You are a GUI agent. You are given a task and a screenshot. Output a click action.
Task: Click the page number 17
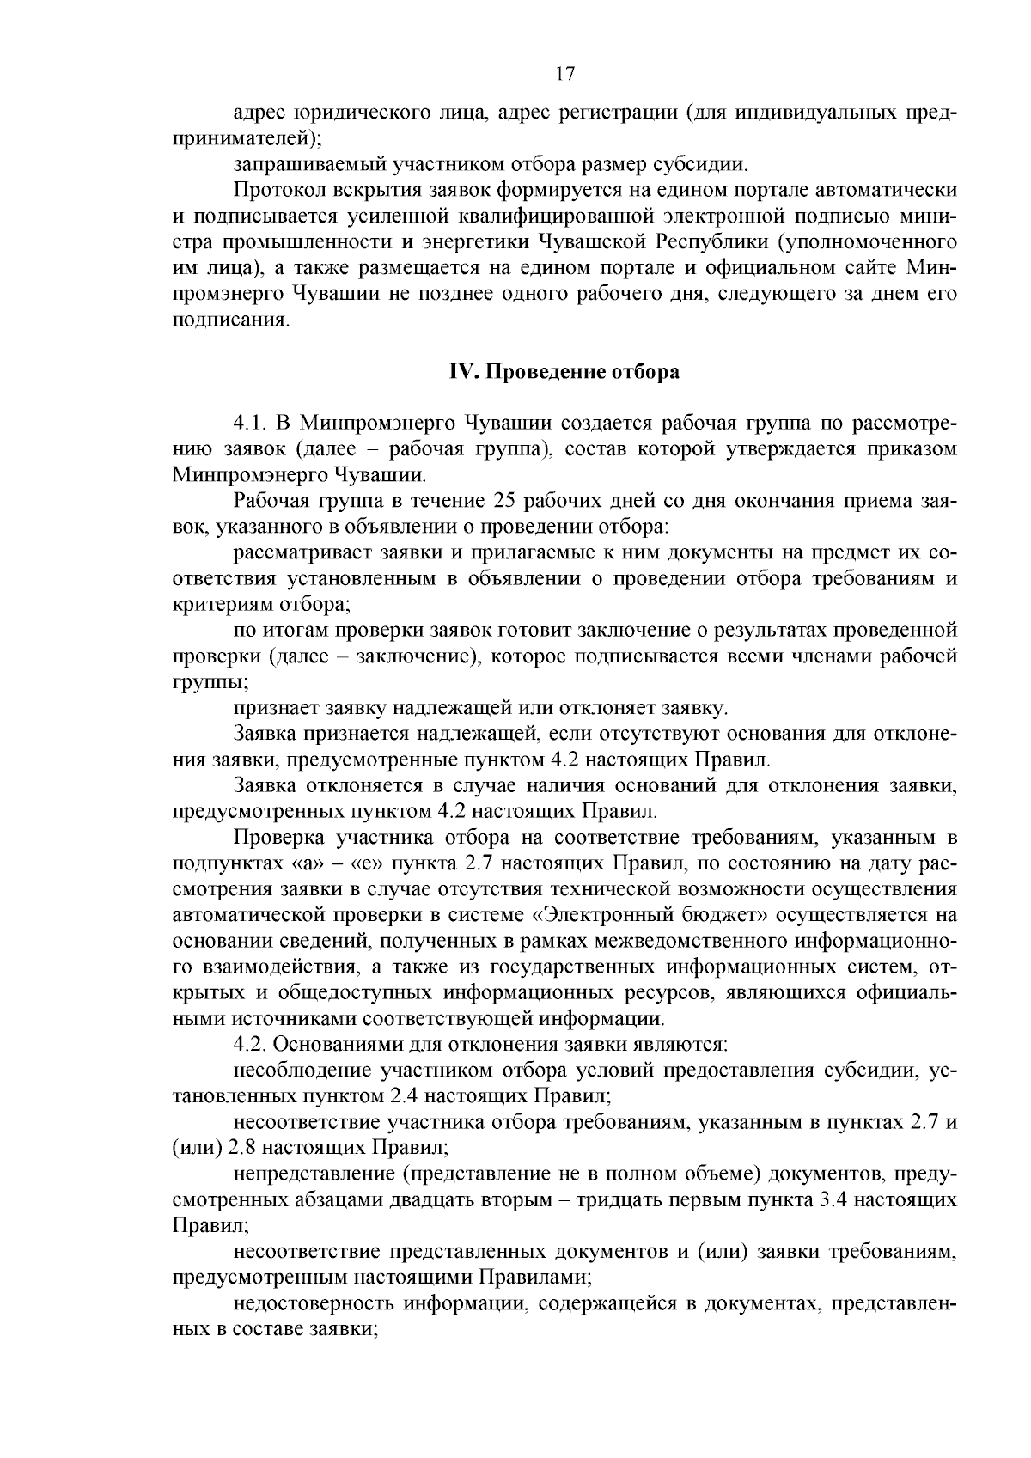[564, 74]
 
